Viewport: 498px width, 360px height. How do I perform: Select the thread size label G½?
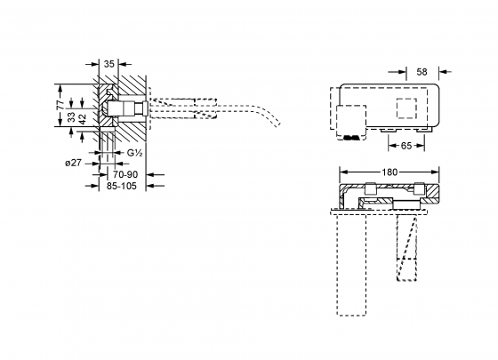click(135, 154)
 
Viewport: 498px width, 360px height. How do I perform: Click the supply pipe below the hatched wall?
click(108, 147)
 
